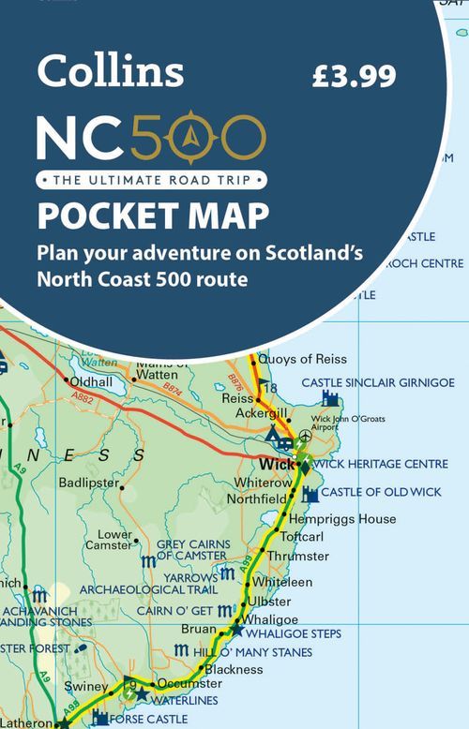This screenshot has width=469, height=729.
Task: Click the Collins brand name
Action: pos(110,70)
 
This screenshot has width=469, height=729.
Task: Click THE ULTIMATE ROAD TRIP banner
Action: pos(150,178)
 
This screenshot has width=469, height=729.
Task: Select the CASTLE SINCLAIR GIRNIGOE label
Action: pos(377,382)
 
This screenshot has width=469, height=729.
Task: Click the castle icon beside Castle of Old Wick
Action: pos(310,494)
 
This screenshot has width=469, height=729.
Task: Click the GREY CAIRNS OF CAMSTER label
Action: pos(192,549)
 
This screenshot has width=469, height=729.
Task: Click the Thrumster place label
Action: pos(297,556)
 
